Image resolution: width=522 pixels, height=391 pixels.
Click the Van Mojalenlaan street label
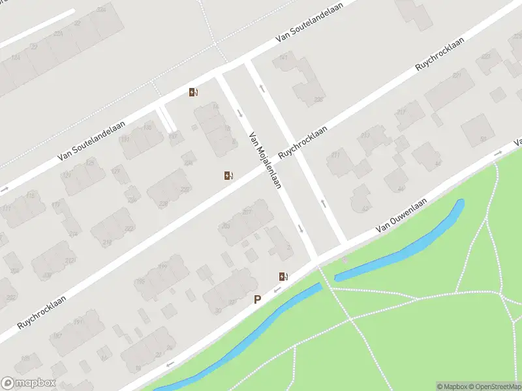pyautogui.click(x=264, y=160)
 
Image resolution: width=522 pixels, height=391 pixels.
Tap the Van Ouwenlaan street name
pyautogui.click(x=405, y=217)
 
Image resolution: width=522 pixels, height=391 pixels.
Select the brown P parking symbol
pyautogui.click(x=258, y=299)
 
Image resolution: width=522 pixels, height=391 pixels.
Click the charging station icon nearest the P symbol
pyautogui.click(x=283, y=276)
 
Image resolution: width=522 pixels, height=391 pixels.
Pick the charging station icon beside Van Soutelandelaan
pyautogui.click(x=193, y=93)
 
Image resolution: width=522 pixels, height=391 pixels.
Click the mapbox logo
pyautogui.click(x=28, y=383)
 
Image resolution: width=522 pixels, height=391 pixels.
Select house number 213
pyautogui.click(x=365, y=135)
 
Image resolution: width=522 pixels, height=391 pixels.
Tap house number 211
pyautogui.click(x=336, y=155)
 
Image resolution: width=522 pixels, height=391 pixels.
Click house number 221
pyautogui.click(x=58, y=33)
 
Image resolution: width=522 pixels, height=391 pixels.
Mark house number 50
pyautogui.click(x=484, y=139)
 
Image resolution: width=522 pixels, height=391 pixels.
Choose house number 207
pyautogui.click(x=247, y=212)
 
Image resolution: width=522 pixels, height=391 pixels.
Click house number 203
pyautogui.click(x=226, y=225)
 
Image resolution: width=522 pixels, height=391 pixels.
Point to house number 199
pyautogui.click(x=162, y=267)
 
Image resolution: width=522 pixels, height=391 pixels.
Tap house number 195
pyautogui.click(x=139, y=282)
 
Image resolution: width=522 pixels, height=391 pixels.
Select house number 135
pyautogui.click(x=147, y=127)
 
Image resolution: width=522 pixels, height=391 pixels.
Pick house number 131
pyautogui.click(x=125, y=140)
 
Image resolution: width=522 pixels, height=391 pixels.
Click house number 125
pyautogui.click(x=91, y=162)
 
